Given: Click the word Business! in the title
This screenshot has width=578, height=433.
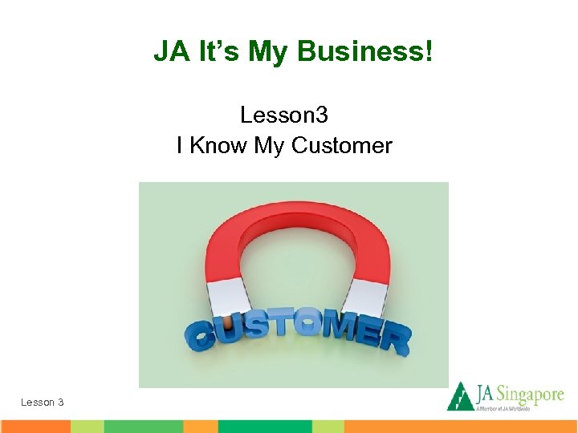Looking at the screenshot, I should (365, 52).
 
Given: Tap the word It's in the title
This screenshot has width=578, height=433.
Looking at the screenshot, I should (216, 52).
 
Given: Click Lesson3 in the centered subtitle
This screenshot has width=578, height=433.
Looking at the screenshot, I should (284, 115).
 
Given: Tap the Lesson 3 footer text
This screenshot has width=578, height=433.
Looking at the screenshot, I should (43, 402).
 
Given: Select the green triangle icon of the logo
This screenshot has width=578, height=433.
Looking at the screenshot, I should (459, 396).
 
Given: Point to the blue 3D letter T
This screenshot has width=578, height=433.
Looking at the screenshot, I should (277, 325).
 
